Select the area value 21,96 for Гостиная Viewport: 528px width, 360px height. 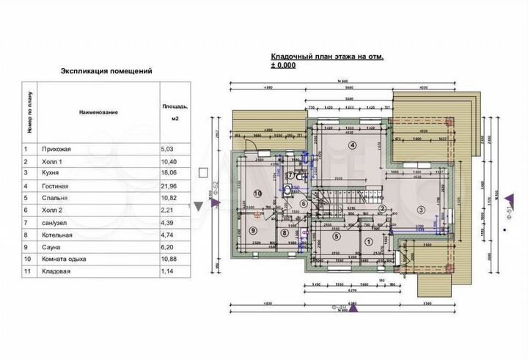tap(169, 186)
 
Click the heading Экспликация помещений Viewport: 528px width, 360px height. tap(106, 72)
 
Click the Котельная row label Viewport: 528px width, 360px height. tap(58, 236)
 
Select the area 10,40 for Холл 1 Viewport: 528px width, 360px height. tap(169, 161)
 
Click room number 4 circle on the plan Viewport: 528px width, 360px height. tap(352, 145)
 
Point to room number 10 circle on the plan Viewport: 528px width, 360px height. tap(257, 194)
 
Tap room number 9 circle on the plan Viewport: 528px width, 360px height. tap(252, 229)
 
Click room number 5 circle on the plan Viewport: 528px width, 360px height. tap(336, 236)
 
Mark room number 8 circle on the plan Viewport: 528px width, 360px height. tap(285, 234)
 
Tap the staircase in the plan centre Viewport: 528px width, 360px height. tap(326, 205)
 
